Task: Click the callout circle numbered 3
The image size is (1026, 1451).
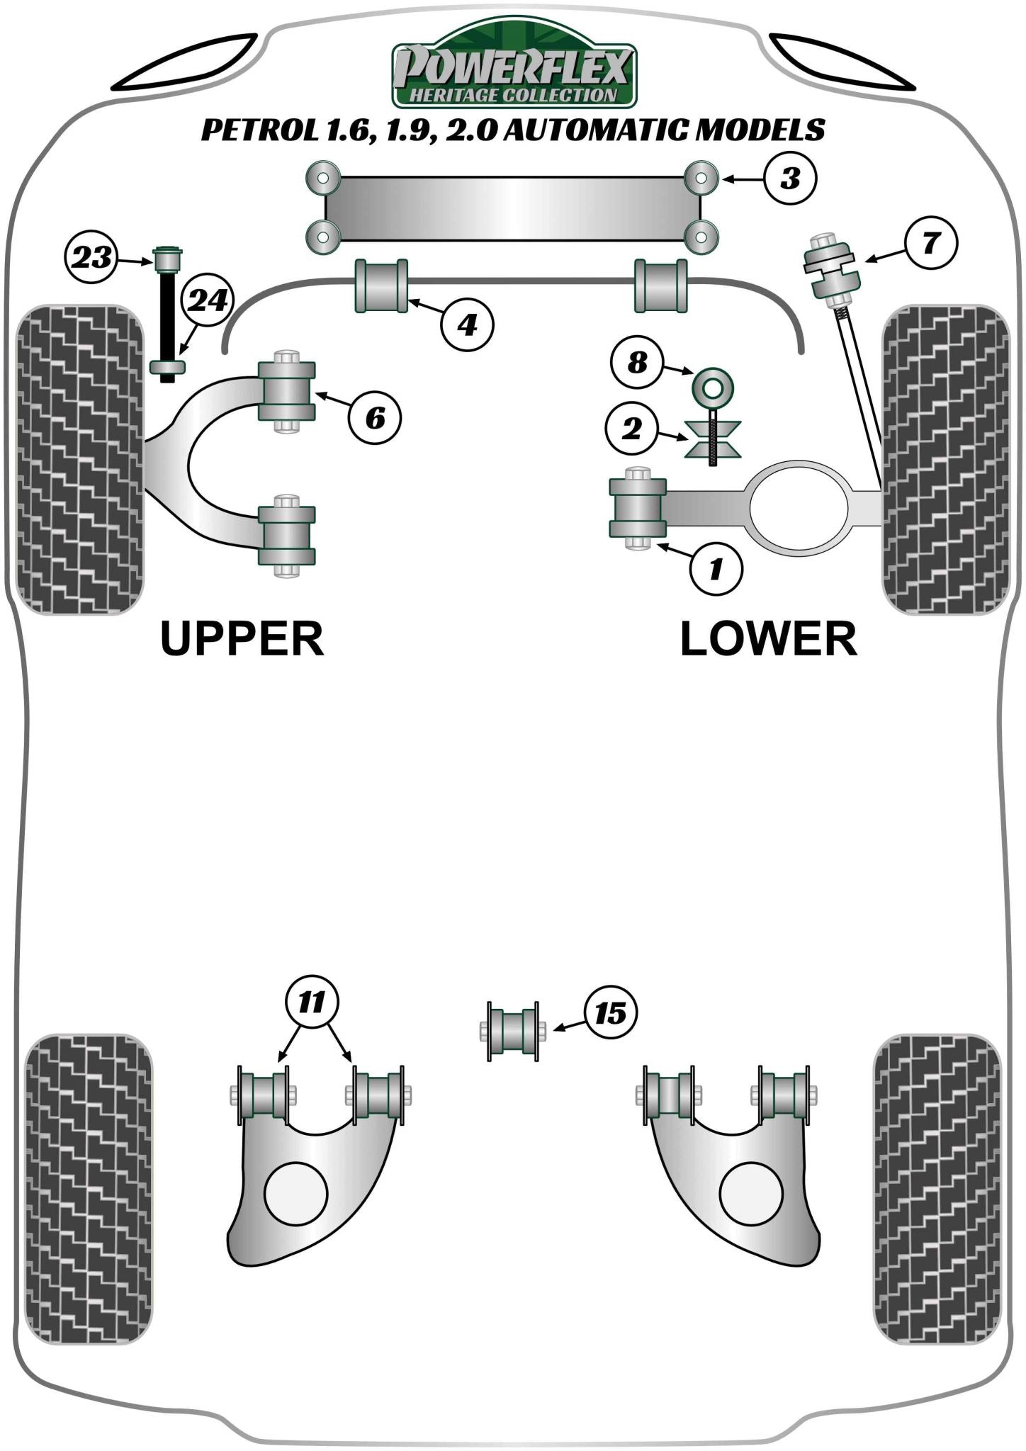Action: coord(790,178)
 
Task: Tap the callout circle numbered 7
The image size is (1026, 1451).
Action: coord(930,243)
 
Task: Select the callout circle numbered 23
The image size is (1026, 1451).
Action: coord(91,257)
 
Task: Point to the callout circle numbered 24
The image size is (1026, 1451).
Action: coord(208,300)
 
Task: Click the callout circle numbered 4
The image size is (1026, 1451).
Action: coord(467,325)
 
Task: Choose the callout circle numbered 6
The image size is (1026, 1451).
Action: coord(375,418)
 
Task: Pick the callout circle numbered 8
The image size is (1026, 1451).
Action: coord(637,362)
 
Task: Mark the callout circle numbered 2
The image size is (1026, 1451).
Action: coord(631,428)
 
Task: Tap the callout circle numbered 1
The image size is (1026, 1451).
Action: coord(716,568)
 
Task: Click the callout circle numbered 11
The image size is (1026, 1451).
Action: coord(312,1002)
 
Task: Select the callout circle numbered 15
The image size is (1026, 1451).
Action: coord(610,1013)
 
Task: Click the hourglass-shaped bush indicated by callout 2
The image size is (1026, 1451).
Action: coord(713,439)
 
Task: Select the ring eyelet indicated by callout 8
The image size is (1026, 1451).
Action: coord(712,387)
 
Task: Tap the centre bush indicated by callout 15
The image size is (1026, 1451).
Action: coord(514,1031)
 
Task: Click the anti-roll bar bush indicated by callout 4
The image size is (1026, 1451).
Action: coord(381,286)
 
